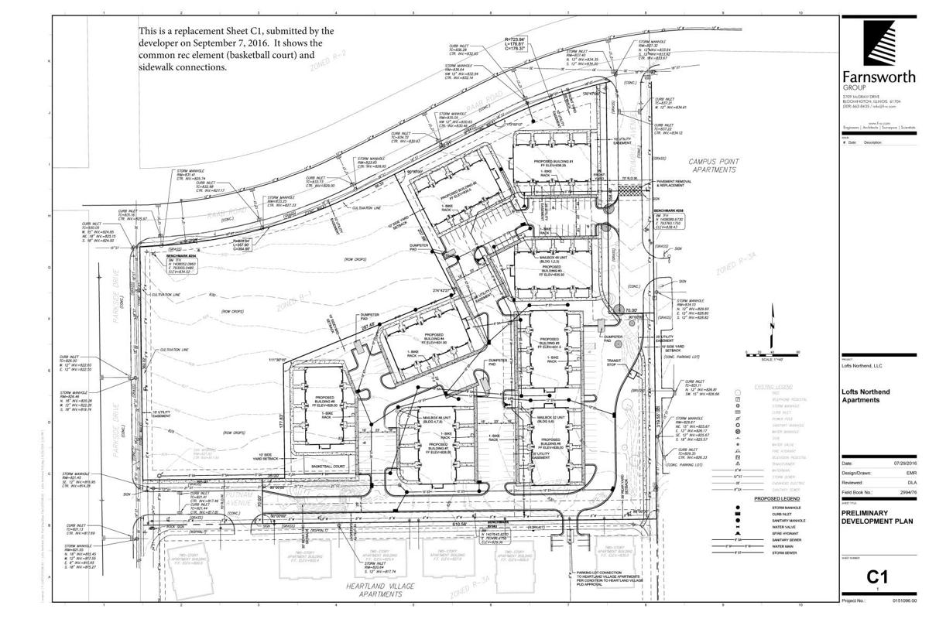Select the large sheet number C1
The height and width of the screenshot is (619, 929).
875,576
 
